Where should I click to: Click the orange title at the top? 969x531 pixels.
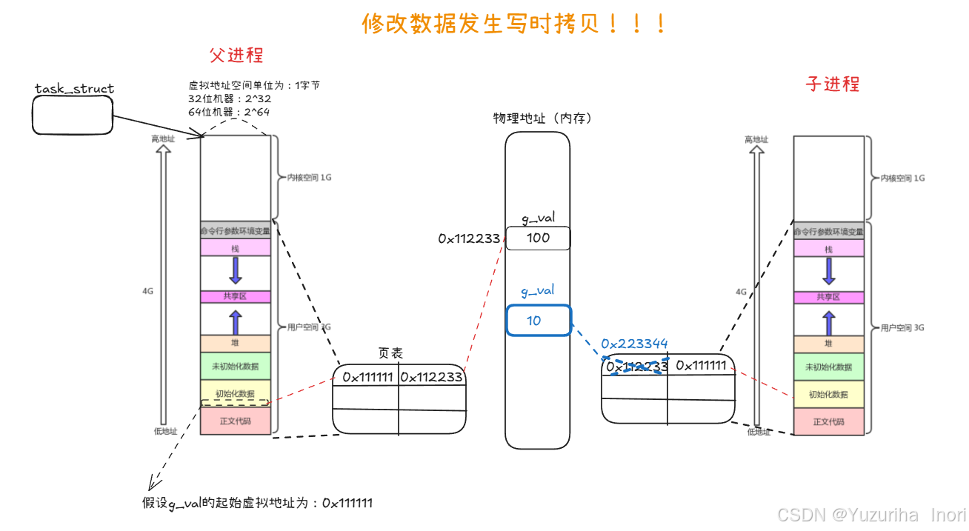[514, 24]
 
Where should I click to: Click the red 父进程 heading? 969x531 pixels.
[236, 56]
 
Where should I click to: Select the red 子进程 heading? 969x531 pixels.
[833, 84]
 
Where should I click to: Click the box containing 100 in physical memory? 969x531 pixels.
[538, 238]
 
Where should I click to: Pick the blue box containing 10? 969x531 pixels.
[539, 321]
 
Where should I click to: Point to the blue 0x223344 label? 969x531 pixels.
[634, 344]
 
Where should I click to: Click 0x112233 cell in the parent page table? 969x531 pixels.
[432, 377]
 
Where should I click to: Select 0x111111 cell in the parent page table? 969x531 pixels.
[367, 377]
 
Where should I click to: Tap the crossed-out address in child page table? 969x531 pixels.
[636, 367]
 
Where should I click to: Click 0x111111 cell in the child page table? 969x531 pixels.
[700, 365]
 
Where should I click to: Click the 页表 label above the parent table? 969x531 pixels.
[390, 354]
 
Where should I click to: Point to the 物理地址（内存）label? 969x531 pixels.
[542, 118]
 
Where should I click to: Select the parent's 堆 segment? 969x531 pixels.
[236, 344]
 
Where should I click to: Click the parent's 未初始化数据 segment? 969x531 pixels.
[236, 367]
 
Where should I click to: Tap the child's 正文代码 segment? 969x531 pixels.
[828, 421]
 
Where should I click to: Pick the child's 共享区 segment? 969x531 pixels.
[828, 297]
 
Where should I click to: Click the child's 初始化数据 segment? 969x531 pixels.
[828, 394]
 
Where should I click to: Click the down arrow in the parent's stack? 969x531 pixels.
[236, 270]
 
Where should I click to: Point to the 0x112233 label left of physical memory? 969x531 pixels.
[469, 238]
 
